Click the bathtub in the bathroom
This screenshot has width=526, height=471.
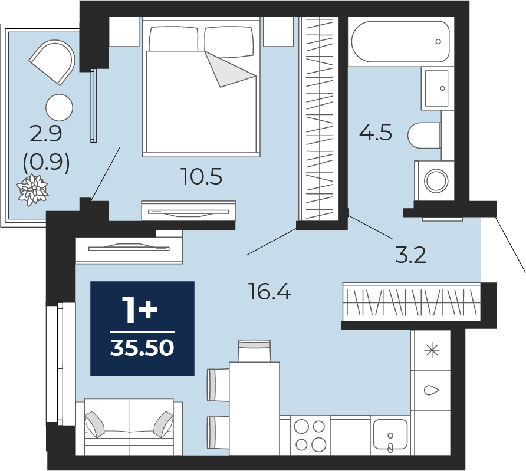(x=400, y=42)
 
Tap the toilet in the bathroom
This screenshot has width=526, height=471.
(x=424, y=136)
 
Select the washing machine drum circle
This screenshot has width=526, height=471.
(x=436, y=181)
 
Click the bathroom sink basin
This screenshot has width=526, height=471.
(x=437, y=88)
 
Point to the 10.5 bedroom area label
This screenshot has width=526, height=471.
(x=201, y=176)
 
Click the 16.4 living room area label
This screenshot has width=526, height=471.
(x=269, y=291)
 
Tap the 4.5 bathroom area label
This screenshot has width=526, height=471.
(x=376, y=132)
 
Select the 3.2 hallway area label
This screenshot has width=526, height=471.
(x=410, y=255)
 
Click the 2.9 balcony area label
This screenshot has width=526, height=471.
(x=46, y=134)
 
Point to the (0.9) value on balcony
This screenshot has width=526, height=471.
(x=47, y=163)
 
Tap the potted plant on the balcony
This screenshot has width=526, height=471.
(x=33, y=190)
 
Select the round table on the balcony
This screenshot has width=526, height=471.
(x=60, y=108)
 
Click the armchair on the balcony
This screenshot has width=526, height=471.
(x=53, y=62)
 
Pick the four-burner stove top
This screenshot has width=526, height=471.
(x=310, y=436)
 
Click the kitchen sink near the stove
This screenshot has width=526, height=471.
(x=390, y=435)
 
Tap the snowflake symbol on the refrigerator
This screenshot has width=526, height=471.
(x=432, y=351)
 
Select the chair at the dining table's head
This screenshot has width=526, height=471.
(x=254, y=351)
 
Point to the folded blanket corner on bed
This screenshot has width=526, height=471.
(x=231, y=70)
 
